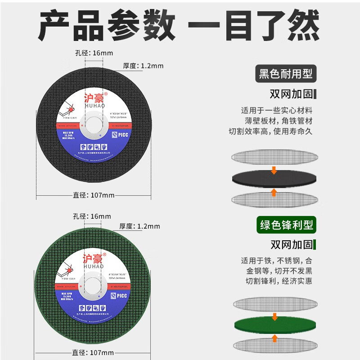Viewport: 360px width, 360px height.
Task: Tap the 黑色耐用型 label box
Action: pos(285,73)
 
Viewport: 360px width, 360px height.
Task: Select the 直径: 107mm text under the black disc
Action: pos(94,195)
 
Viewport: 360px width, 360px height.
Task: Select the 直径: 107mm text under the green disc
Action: pos(93,352)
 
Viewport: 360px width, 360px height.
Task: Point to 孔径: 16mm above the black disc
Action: pos(94,53)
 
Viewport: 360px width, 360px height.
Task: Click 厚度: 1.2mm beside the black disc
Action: pos(143,66)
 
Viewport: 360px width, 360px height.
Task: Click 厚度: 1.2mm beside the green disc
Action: pos(139,226)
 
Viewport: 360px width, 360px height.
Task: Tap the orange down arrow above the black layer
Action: pos(274,170)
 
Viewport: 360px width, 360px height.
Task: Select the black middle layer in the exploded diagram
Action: pos(274,180)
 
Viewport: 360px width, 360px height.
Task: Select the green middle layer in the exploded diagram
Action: pos(274,324)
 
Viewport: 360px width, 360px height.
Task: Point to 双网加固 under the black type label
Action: pos(291,94)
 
